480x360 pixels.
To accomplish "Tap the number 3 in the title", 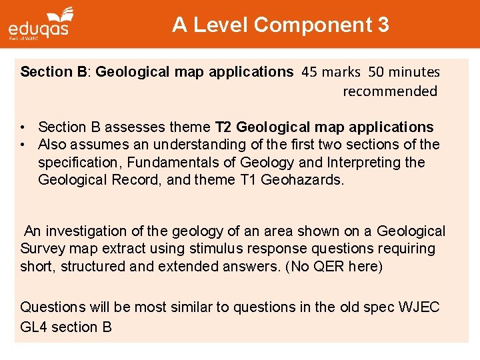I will click(x=383, y=25).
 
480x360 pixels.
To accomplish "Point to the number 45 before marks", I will click(x=310, y=71).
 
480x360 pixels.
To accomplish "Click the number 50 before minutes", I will click(x=376, y=71).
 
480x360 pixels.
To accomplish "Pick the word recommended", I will click(x=390, y=91).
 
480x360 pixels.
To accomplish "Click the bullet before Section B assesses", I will click(x=23, y=127).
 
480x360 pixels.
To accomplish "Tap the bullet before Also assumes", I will click(x=23, y=145).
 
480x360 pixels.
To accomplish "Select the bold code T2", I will click(x=223, y=127).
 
